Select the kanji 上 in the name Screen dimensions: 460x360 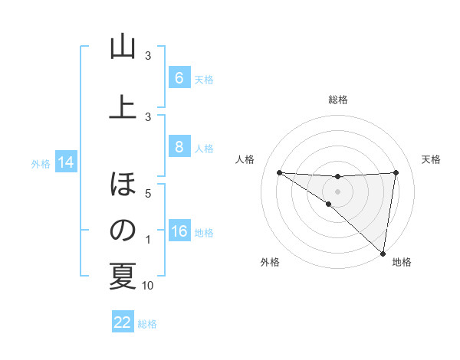click(x=123, y=107)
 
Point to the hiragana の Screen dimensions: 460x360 click(x=123, y=231)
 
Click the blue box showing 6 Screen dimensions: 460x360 click(x=179, y=78)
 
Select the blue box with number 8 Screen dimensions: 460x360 click(x=179, y=147)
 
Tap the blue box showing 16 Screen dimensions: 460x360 click(x=179, y=231)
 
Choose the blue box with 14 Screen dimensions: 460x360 click(x=65, y=162)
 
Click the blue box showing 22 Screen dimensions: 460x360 click(x=123, y=322)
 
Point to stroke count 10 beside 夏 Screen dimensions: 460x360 click(x=148, y=286)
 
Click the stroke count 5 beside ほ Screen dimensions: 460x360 click(x=148, y=193)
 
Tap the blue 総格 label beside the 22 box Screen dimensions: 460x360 click(x=147, y=324)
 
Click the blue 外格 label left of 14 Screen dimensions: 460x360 click(x=41, y=163)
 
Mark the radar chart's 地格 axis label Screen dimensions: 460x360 click(x=402, y=263)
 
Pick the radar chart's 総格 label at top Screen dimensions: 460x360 click(x=337, y=100)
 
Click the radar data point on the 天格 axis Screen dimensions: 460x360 click(x=396, y=172)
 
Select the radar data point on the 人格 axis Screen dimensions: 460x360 click(x=279, y=172)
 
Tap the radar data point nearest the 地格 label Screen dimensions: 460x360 click(x=383, y=253)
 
